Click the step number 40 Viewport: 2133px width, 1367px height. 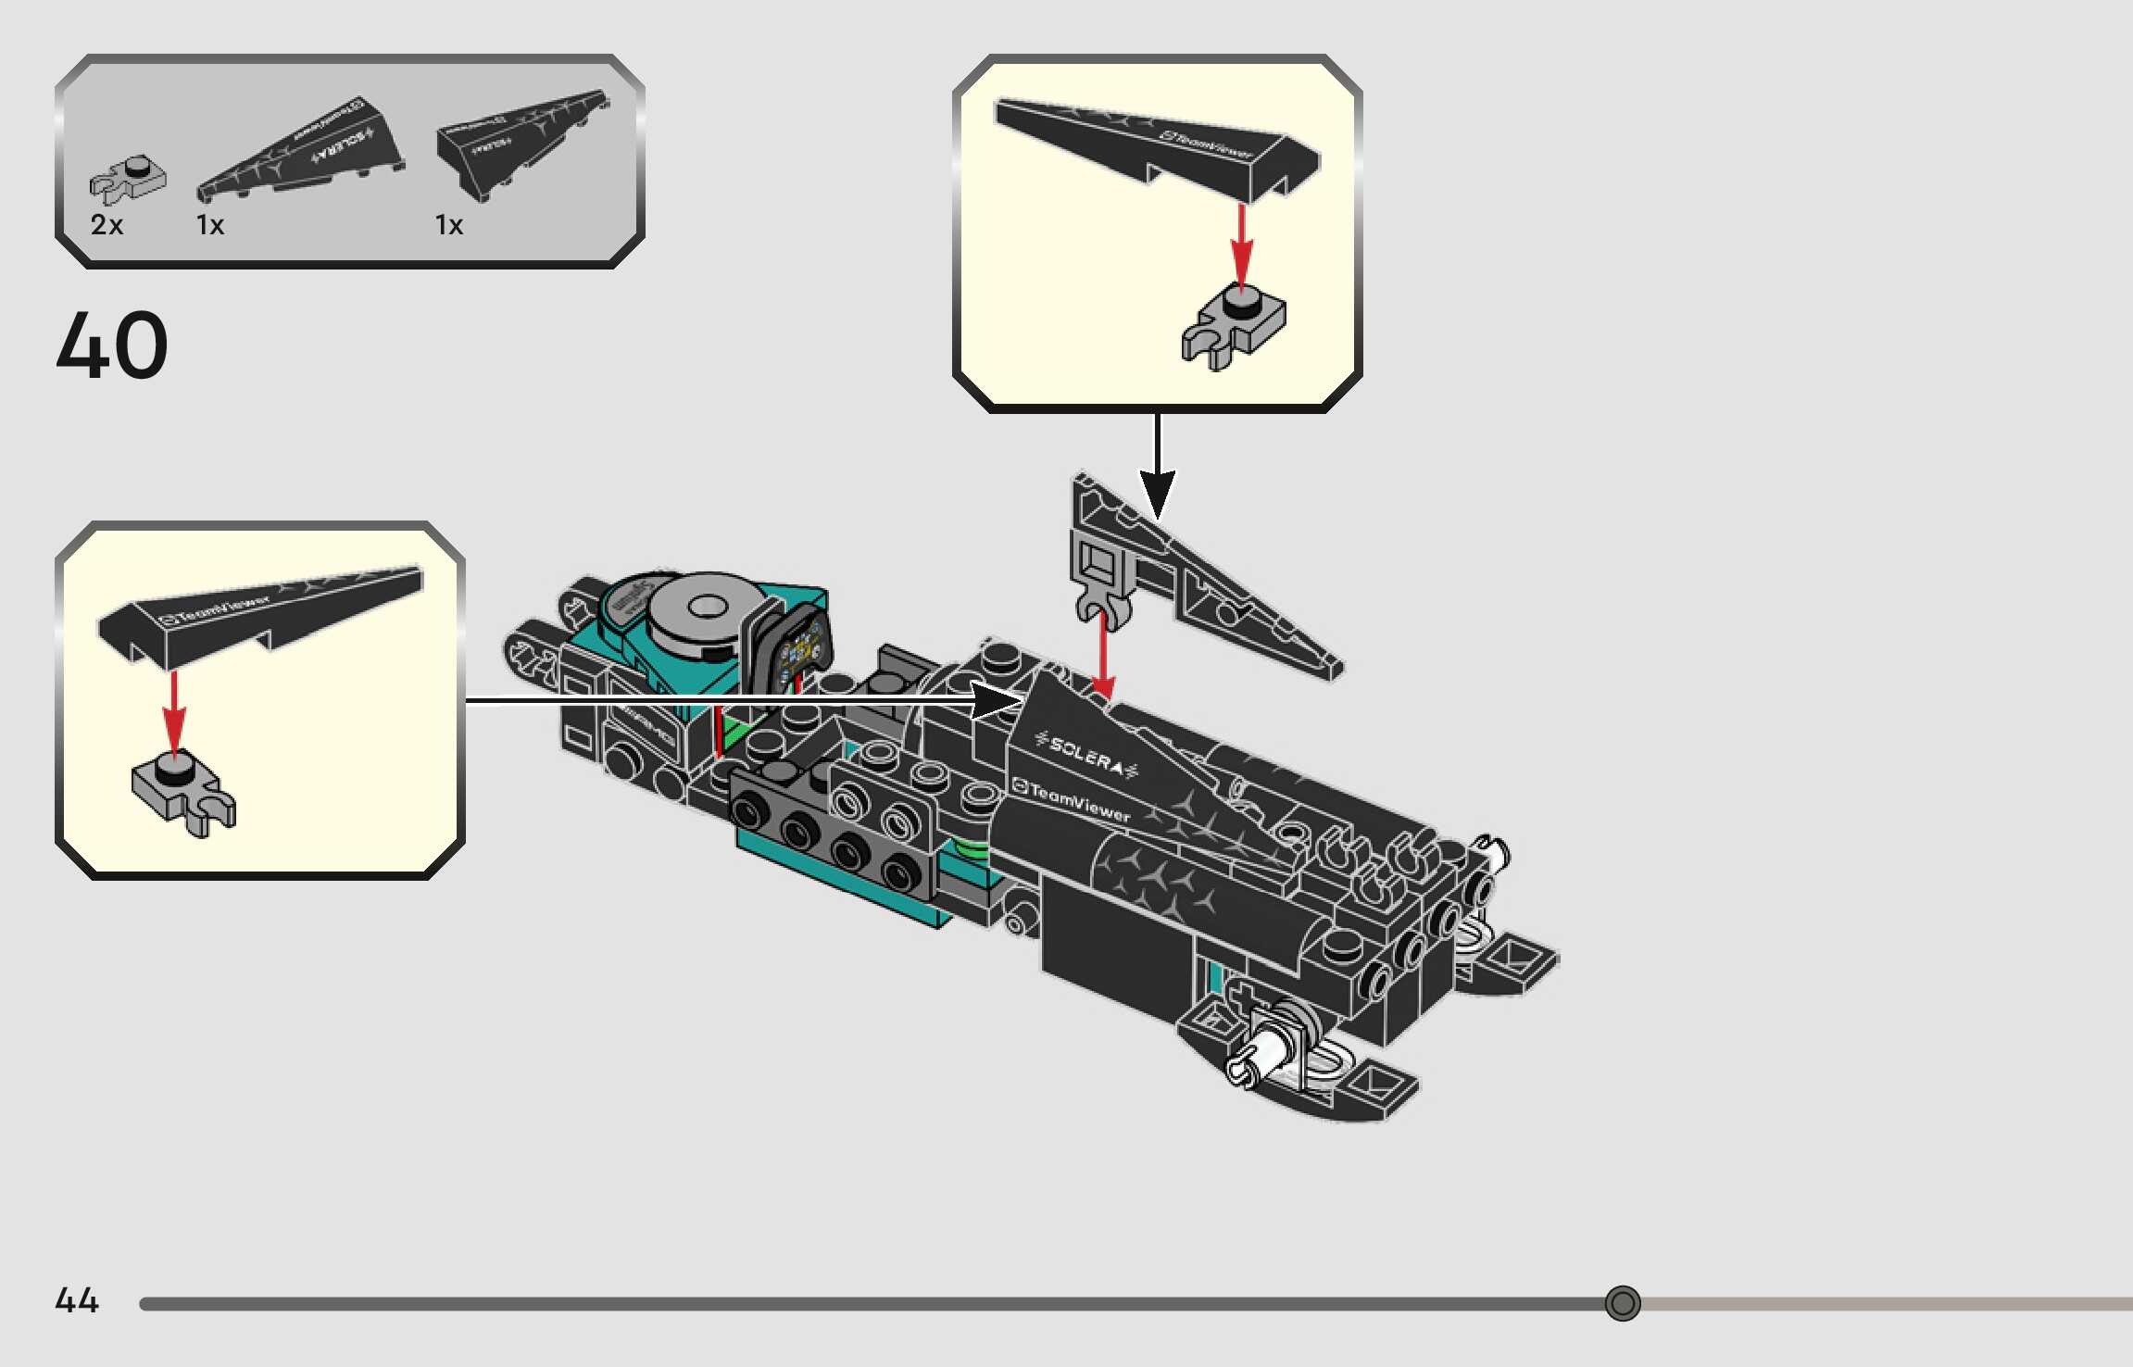112,345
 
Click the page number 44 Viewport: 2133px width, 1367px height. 77,1300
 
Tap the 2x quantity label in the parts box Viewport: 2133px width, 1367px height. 107,225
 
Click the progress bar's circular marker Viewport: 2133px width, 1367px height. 1622,1303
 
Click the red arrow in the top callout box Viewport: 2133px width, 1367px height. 1241,243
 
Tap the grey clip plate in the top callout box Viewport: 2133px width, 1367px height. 1234,326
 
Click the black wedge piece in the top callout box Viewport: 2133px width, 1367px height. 1158,144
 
